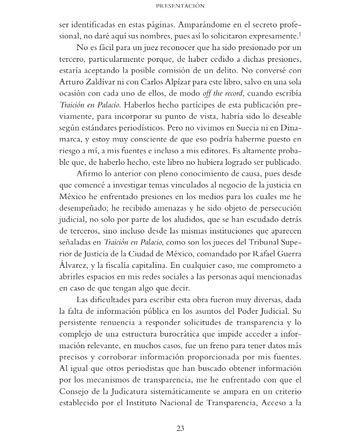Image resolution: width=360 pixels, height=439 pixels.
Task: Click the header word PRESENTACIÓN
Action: [180, 6]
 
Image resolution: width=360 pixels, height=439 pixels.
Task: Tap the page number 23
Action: [180, 429]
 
